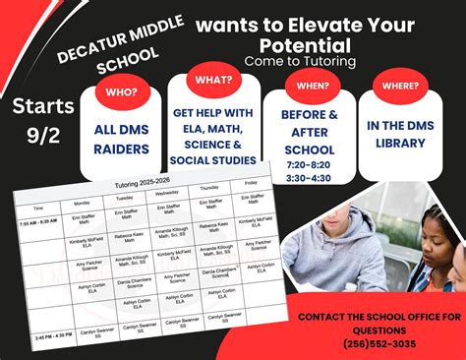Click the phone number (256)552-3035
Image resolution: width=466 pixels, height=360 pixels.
379,344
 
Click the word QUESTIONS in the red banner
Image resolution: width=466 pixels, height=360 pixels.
379,330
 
